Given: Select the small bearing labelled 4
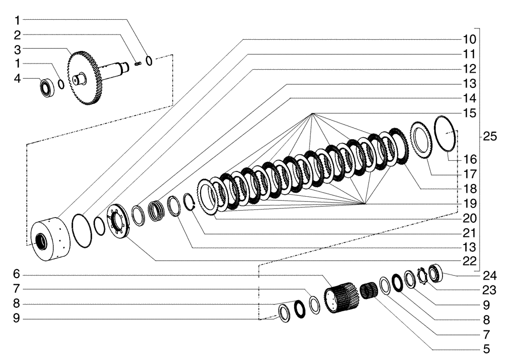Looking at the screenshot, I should click(47, 87).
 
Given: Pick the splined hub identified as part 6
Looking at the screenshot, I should click(340, 298).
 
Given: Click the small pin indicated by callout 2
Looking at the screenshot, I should click(137, 64).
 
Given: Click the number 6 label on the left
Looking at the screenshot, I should click(17, 274).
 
